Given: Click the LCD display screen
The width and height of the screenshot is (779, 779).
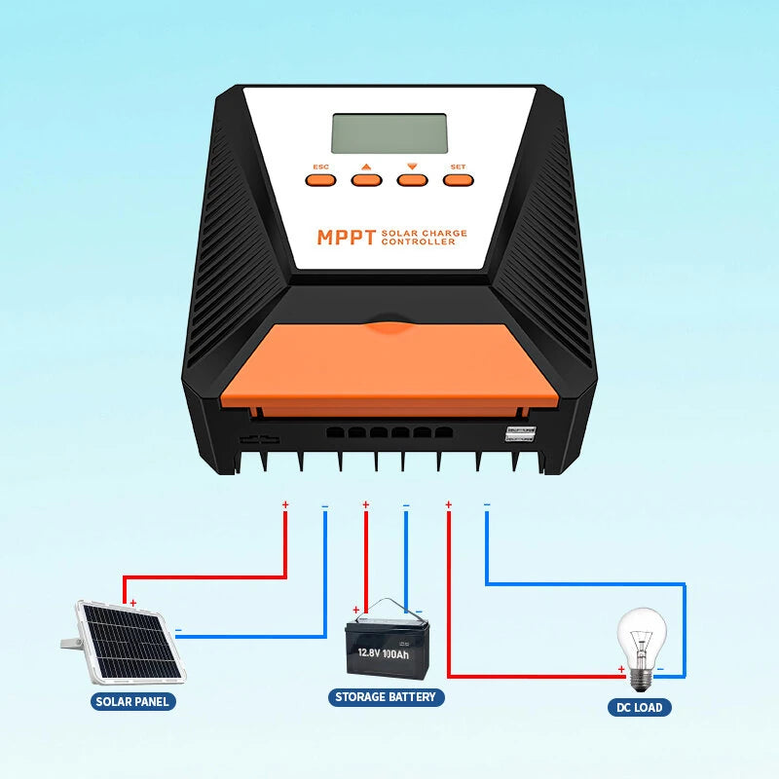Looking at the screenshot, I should tap(389, 133).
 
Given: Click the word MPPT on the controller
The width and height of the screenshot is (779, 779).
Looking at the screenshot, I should tap(346, 238).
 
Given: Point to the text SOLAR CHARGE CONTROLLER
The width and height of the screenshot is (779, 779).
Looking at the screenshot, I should tap(425, 238).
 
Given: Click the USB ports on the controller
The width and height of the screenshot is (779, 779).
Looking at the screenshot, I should tap(521, 434).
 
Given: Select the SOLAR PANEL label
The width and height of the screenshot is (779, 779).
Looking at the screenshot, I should tap(132, 701).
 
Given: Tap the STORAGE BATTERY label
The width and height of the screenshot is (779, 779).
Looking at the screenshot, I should tap(387, 697).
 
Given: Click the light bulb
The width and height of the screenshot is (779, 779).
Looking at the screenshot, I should tap(644, 643).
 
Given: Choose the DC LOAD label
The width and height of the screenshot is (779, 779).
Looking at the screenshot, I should tap(640, 708).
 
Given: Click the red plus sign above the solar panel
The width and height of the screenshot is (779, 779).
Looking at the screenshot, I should tap(132, 604).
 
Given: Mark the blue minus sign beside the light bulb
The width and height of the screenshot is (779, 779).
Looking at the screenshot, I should tap(660, 669).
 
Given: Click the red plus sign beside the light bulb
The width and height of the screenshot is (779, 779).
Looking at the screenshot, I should tap(621, 669).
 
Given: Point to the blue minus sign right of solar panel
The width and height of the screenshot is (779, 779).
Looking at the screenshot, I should tap(178, 630).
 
